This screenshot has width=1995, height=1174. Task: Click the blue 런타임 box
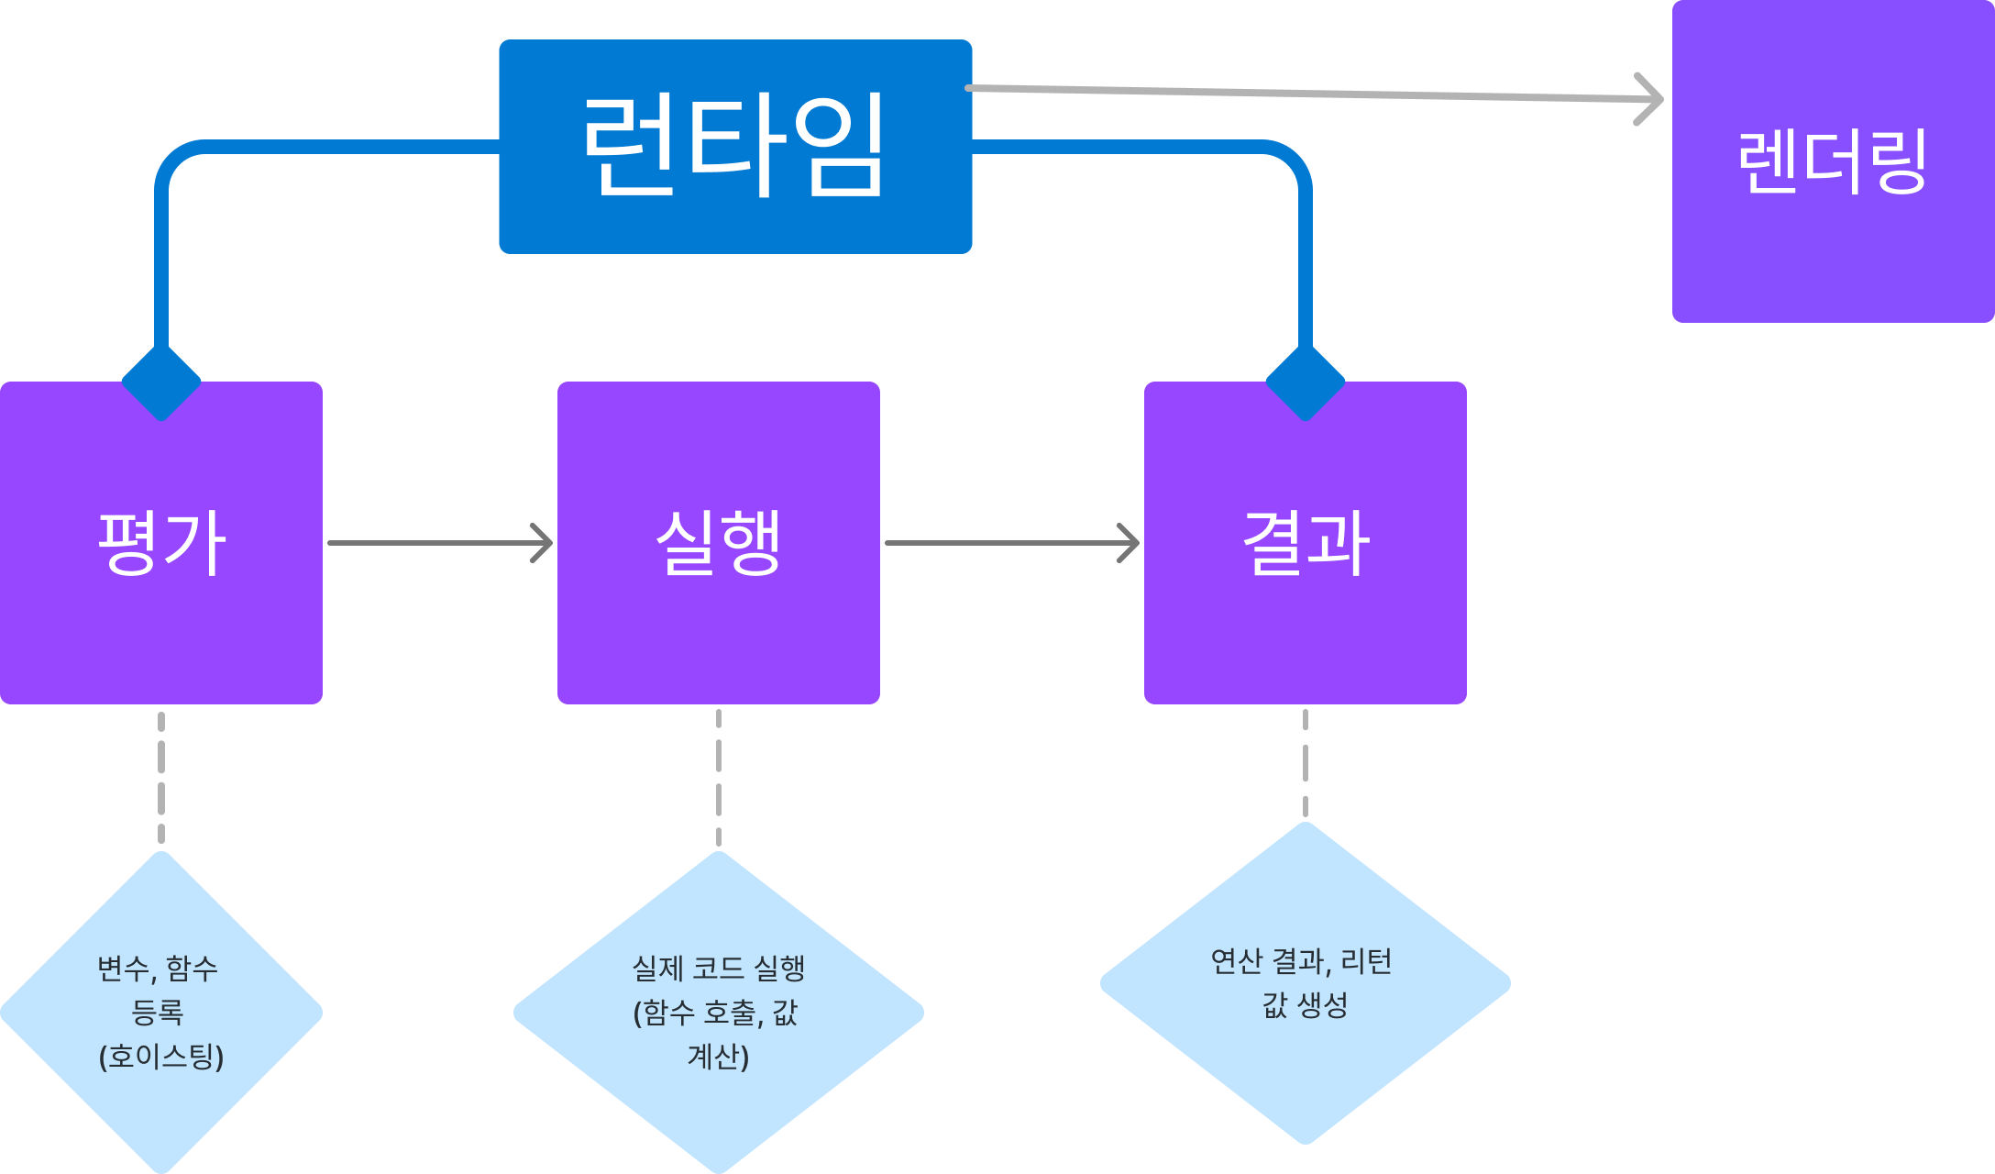point(734,147)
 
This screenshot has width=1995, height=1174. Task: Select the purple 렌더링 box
point(1832,161)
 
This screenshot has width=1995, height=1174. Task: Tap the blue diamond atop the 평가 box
point(161,382)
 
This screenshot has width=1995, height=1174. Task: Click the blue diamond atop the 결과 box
point(1305,382)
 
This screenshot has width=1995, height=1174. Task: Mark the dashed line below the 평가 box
point(161,778)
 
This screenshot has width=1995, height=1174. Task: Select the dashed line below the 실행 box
point(718,778)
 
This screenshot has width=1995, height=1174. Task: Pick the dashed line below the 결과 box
point(1305,763)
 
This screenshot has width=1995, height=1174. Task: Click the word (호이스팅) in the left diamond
point(161,1057)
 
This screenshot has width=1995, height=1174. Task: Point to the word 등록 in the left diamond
point(158,1013)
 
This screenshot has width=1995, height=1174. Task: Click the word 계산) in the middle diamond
point(718,1057)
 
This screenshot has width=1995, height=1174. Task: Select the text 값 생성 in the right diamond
point(1305,1005)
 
